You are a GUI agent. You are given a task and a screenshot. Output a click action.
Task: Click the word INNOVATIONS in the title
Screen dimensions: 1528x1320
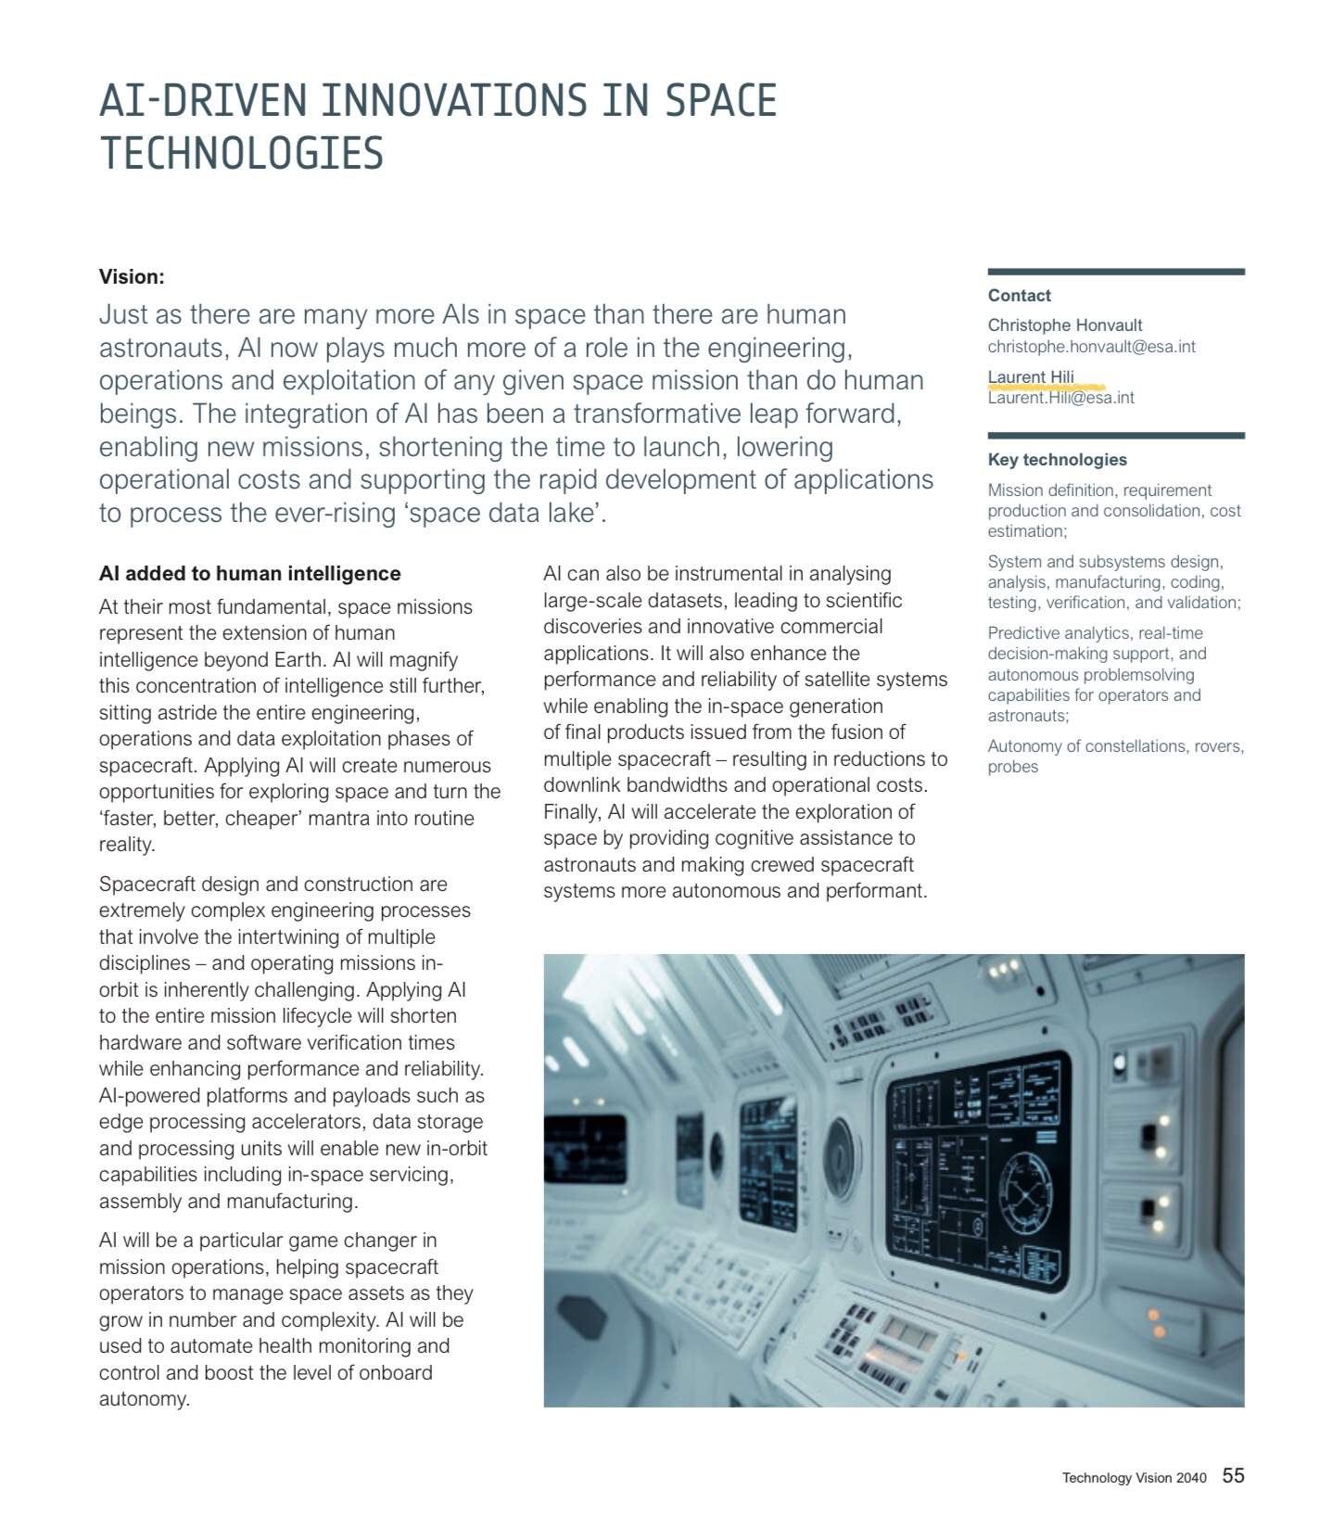pyautogui.click(x=454, y=101)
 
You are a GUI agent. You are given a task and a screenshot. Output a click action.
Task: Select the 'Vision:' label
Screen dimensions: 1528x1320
pyautogui.click(x=132, y=276)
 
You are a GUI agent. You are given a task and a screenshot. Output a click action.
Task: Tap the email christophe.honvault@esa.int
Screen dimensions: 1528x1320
pyautogui.click(x=1091, y=347)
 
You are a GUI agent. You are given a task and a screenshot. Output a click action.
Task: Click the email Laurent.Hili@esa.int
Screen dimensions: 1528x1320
pyautogui.click(x=1060, y=398)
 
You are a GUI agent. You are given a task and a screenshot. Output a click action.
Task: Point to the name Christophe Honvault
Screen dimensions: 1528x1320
pyautogui.click(x=1064, y=325)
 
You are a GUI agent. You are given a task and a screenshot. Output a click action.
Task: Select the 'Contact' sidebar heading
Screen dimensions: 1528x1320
pyautogui.click(x=1019, y=296)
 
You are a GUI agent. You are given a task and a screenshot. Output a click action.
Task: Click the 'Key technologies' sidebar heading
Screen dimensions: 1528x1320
pyautogui.click(x=1057, y=460)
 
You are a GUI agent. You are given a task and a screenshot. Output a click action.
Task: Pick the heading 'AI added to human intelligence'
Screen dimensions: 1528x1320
pyautogui.click(x=249, y=574)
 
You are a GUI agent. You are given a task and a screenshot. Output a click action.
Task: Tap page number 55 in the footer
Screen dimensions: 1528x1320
pyautogui.click(x=1233, y=1476)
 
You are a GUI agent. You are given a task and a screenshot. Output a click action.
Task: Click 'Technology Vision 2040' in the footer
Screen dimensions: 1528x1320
pyautogui.click(x=1134, y=1478)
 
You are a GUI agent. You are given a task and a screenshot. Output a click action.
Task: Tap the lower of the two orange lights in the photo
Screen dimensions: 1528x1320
pyautogui.click(x=1158, y=1332)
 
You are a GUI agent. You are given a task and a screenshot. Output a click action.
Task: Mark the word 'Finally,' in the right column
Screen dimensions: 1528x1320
pyautogui.click(x=571, y=812)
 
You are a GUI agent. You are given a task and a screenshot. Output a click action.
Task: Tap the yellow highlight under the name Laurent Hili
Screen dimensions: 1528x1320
pyautogui.click(x=1045, y=387)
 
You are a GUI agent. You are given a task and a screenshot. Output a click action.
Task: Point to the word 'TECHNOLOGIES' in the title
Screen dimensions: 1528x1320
pyautogui.click(x=241, y=154)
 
